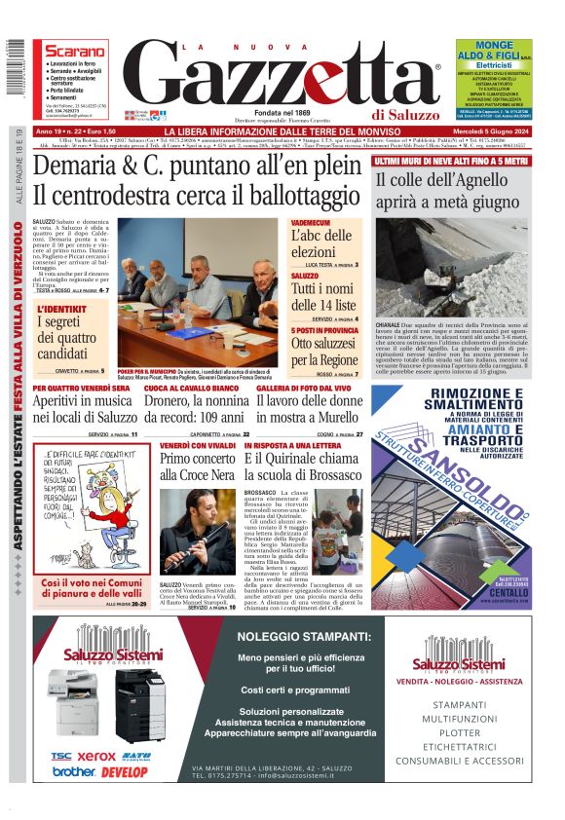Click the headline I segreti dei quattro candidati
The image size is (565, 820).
pos(75,335)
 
